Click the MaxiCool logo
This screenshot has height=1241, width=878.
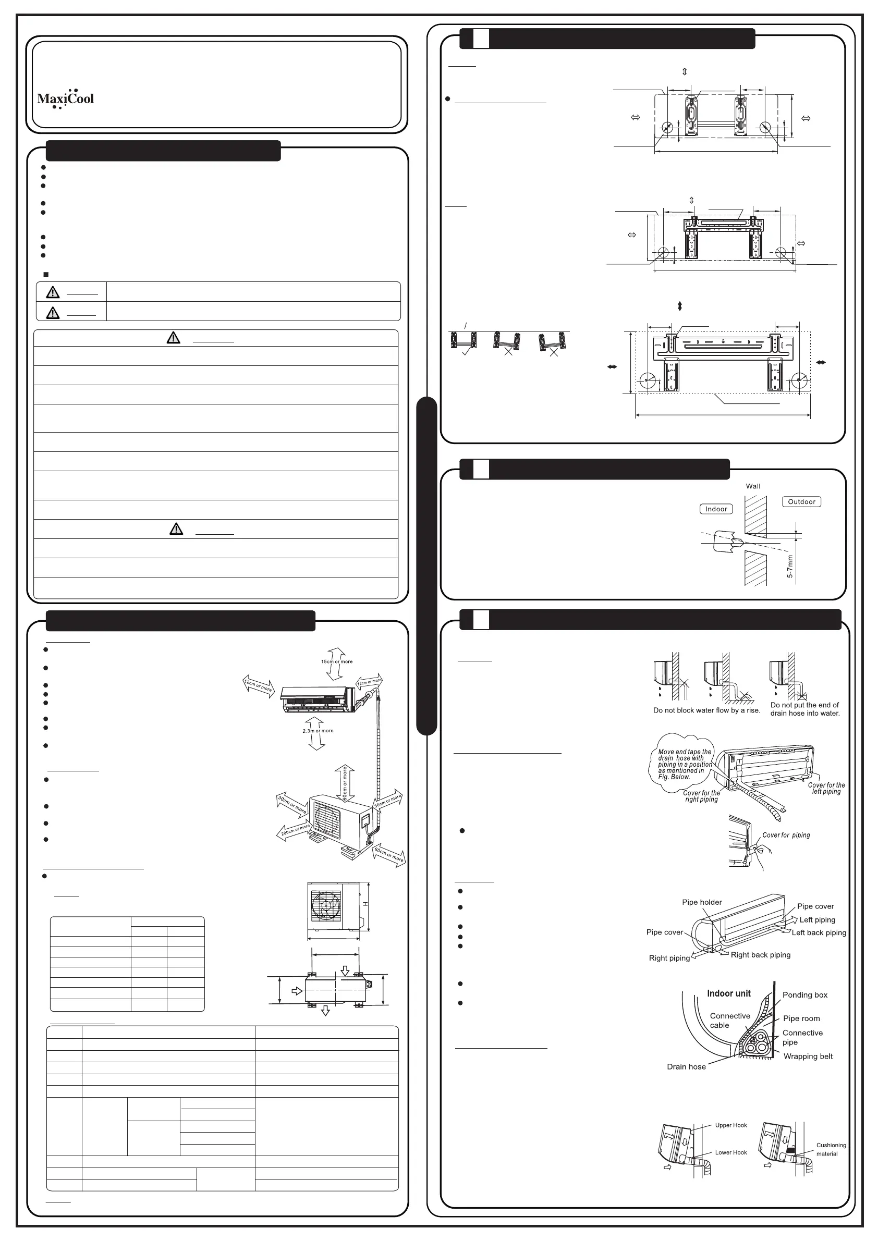(65, 99)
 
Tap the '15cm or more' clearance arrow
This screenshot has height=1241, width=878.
(336, 661)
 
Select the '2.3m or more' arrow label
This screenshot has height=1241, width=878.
(318, 731)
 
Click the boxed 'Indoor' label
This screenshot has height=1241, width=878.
(716, 509)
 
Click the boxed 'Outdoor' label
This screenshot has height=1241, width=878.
(801, 501)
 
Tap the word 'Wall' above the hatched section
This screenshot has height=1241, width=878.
(753, 486)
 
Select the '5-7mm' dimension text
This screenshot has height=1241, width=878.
(790, 567)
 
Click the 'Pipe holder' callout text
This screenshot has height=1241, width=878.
(702, 902)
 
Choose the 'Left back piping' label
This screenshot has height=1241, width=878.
(819, 932)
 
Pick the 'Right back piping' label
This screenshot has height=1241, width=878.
(760, 954)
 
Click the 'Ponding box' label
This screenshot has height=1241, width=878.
(804, 995)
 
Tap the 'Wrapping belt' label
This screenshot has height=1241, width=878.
(808, 1056)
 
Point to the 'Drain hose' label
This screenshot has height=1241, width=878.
(686, 1066)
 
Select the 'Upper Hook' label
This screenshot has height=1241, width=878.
(731, 1125)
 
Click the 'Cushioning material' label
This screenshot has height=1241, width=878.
(831, 1149)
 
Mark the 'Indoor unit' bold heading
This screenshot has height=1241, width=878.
(729, 993)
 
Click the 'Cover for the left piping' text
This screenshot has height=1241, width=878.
(826, 788)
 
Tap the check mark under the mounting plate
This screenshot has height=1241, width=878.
(466, 352)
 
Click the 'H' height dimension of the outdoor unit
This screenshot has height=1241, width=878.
(365, 904)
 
